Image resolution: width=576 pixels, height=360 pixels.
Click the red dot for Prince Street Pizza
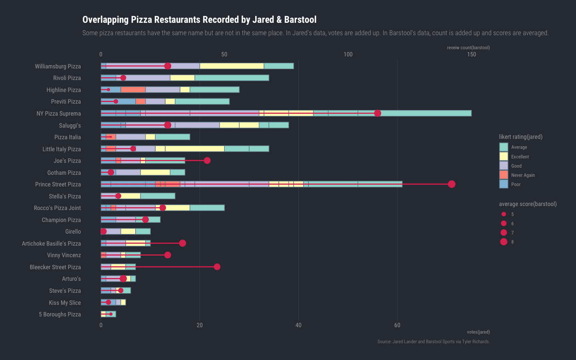[x=452, y=184]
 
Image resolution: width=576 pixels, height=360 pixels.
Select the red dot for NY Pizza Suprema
[x=378, y=114]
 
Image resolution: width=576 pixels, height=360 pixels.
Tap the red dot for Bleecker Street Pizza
[x=217, y=267]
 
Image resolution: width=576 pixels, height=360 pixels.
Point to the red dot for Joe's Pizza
[x=207, y=161]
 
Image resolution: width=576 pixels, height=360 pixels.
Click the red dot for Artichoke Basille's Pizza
[x=182, y=243]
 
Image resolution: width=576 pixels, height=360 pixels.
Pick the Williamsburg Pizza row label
[x=58, y=66]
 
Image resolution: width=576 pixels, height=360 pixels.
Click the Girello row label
[x=73, y=232]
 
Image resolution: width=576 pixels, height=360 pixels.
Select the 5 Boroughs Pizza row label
[x=60, y=314]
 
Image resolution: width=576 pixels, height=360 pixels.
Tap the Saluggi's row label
[x=70, y=126]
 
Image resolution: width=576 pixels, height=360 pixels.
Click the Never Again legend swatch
[x=504, y=175]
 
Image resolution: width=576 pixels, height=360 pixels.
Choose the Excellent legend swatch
[x=504, y=157]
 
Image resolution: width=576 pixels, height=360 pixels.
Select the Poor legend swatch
[x=504, y=184]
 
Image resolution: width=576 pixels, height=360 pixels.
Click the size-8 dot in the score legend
[x=504, y=242]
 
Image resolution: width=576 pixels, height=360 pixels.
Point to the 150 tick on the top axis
[x=472, y=54]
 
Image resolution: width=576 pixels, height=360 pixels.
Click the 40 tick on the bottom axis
[x=298, y=325]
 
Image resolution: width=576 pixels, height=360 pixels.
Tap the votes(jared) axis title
[x=478, y=332]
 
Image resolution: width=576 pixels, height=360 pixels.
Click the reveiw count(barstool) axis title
[x=468, y=48]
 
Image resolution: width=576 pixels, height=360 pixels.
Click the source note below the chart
[x=433, y=342]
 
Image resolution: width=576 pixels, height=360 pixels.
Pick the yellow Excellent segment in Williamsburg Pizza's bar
[x=232, y=66]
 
